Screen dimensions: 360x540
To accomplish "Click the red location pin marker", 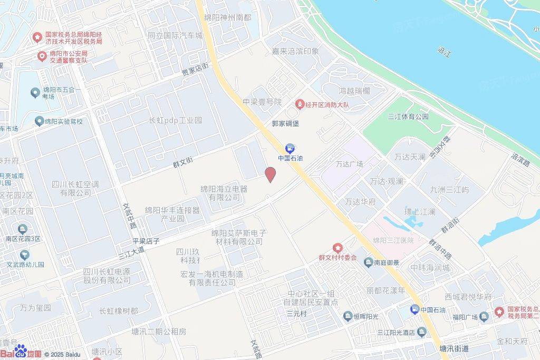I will [270, 174].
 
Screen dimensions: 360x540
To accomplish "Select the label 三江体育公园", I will [408, 116].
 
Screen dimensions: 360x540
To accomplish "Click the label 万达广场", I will [350, 164].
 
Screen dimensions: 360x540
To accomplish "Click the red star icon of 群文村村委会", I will [337, 248].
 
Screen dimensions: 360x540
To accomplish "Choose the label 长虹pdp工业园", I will [175, 121].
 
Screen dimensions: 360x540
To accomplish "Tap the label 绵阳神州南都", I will [228, 17].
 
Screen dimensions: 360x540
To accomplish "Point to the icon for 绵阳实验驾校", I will [38, 121].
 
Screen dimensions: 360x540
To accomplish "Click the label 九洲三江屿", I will [449, 190].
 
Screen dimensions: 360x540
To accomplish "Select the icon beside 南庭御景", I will [368, 262].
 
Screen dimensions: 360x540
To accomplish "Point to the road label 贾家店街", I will [195, 69].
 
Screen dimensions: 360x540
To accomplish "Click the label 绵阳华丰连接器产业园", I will [173, 213].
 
